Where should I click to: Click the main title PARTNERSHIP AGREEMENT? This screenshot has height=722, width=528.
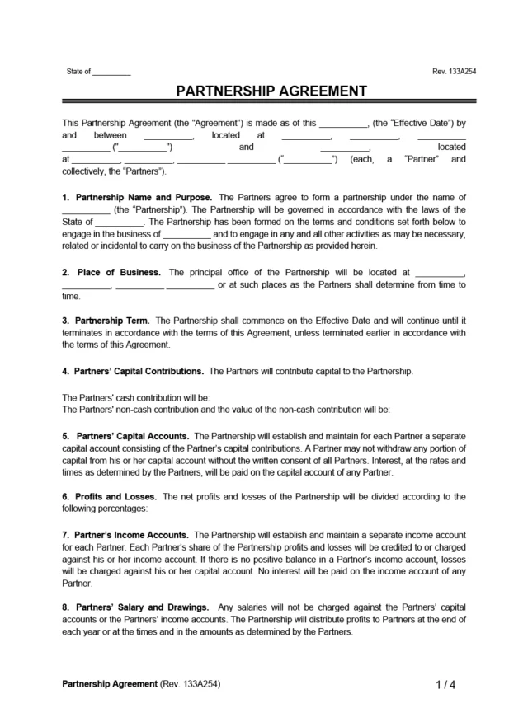coord(264,91)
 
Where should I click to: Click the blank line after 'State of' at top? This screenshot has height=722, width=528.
coord(111,73)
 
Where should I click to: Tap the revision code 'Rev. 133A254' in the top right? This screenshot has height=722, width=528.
coord(454,72)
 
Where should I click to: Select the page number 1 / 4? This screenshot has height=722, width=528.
coord(445,684)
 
